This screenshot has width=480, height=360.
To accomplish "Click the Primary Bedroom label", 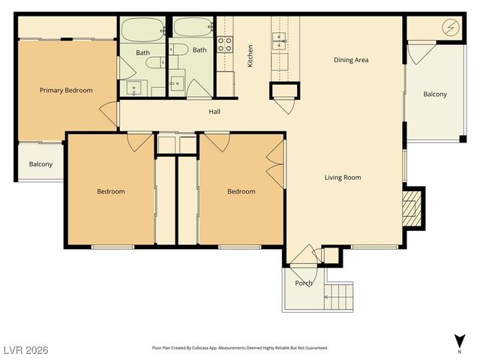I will [66, 91].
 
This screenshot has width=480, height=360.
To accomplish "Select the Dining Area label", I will [351, 60].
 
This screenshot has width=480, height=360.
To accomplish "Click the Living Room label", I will [343, 178].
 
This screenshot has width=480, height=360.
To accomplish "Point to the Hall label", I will [214, 112].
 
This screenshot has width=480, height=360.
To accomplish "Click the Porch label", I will [304, 283].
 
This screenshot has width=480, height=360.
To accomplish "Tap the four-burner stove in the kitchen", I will [225, 43].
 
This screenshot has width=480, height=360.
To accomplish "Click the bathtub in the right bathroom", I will [193, 28].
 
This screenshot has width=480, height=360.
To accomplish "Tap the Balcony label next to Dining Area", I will [435, 94].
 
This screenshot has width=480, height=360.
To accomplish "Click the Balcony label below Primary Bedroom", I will [40, 164].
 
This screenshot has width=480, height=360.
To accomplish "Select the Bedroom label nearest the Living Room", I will [241, 191].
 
